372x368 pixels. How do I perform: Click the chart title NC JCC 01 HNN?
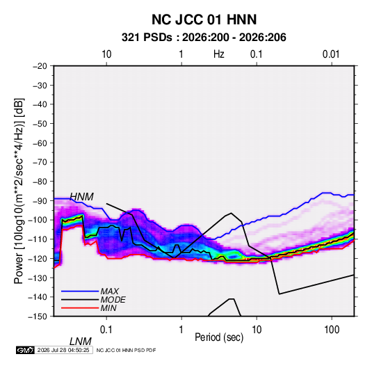204,19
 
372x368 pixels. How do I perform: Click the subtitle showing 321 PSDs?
204,38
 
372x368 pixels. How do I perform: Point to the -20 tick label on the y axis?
40,66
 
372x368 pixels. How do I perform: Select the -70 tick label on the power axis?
40,162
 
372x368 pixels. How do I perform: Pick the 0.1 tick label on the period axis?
106,330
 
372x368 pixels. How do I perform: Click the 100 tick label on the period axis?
332,330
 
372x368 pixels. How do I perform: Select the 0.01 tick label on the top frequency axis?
331,54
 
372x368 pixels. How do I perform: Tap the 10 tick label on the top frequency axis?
106,54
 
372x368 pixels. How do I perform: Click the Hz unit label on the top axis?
219,54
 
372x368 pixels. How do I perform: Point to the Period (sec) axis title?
219,337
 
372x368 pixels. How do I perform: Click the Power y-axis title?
19,191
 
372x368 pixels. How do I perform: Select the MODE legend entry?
93,300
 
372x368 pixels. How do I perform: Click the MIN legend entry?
89,308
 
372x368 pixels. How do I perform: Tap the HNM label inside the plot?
81,197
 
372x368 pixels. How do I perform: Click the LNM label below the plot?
80,342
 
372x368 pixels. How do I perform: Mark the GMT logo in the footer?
26,350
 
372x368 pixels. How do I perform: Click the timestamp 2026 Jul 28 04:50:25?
63,350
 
